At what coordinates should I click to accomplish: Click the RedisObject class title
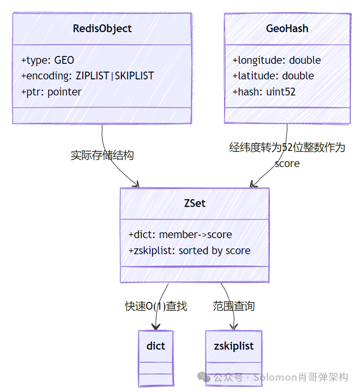pos(102,29)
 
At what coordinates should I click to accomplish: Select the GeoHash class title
pos(287,29)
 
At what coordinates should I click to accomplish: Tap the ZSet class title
pos(194,204)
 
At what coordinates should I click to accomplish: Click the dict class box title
pos(155,346)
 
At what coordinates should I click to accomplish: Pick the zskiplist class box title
pos(233,346)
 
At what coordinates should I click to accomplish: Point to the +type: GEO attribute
pos(48,60)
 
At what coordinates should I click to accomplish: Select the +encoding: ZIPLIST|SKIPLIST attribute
pos(87,76)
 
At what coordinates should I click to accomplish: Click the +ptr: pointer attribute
pos(51,92)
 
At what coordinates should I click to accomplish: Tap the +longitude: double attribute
pos(276,60)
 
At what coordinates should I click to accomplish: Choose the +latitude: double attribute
pos(273,76)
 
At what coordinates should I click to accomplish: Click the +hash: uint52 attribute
pos(264,92)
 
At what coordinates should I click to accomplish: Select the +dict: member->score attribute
pos(180,235)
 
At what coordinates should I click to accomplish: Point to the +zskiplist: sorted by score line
pos(189,251)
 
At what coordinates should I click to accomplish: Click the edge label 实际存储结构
pos(102,155)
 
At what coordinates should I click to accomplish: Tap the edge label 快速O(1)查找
pos(156,306)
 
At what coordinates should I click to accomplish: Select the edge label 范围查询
pos(233,306)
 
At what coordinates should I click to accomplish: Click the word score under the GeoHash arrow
pos(287,164)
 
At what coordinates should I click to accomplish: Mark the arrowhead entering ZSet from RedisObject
pos(136,185)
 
